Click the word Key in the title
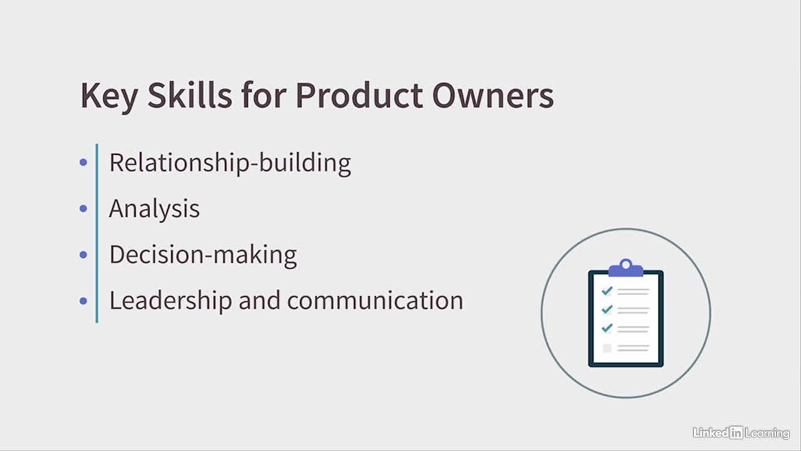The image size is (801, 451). [109, 96]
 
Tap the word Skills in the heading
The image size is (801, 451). [190, 95]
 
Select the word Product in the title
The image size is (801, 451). [359, 95]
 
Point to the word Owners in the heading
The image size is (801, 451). [493, 96]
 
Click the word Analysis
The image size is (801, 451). [155, 209]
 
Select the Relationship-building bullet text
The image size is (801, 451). [230, 163]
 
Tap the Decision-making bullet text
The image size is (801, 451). [203, 255]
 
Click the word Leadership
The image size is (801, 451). [171, 301]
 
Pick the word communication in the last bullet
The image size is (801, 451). [375, 300]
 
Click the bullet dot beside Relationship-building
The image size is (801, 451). [83, 162]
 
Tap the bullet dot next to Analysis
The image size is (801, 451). [83, 209]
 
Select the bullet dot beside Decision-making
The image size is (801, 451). [83, 254]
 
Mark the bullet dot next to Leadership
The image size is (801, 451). [83, 301]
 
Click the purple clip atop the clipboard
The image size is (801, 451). [626, 269]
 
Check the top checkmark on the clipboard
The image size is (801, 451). [607, 290]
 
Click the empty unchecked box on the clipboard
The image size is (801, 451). [607, 348]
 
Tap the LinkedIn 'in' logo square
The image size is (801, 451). [737, 433]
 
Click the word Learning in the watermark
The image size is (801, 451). [767, 433]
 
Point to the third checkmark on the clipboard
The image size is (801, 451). [607, 328]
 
